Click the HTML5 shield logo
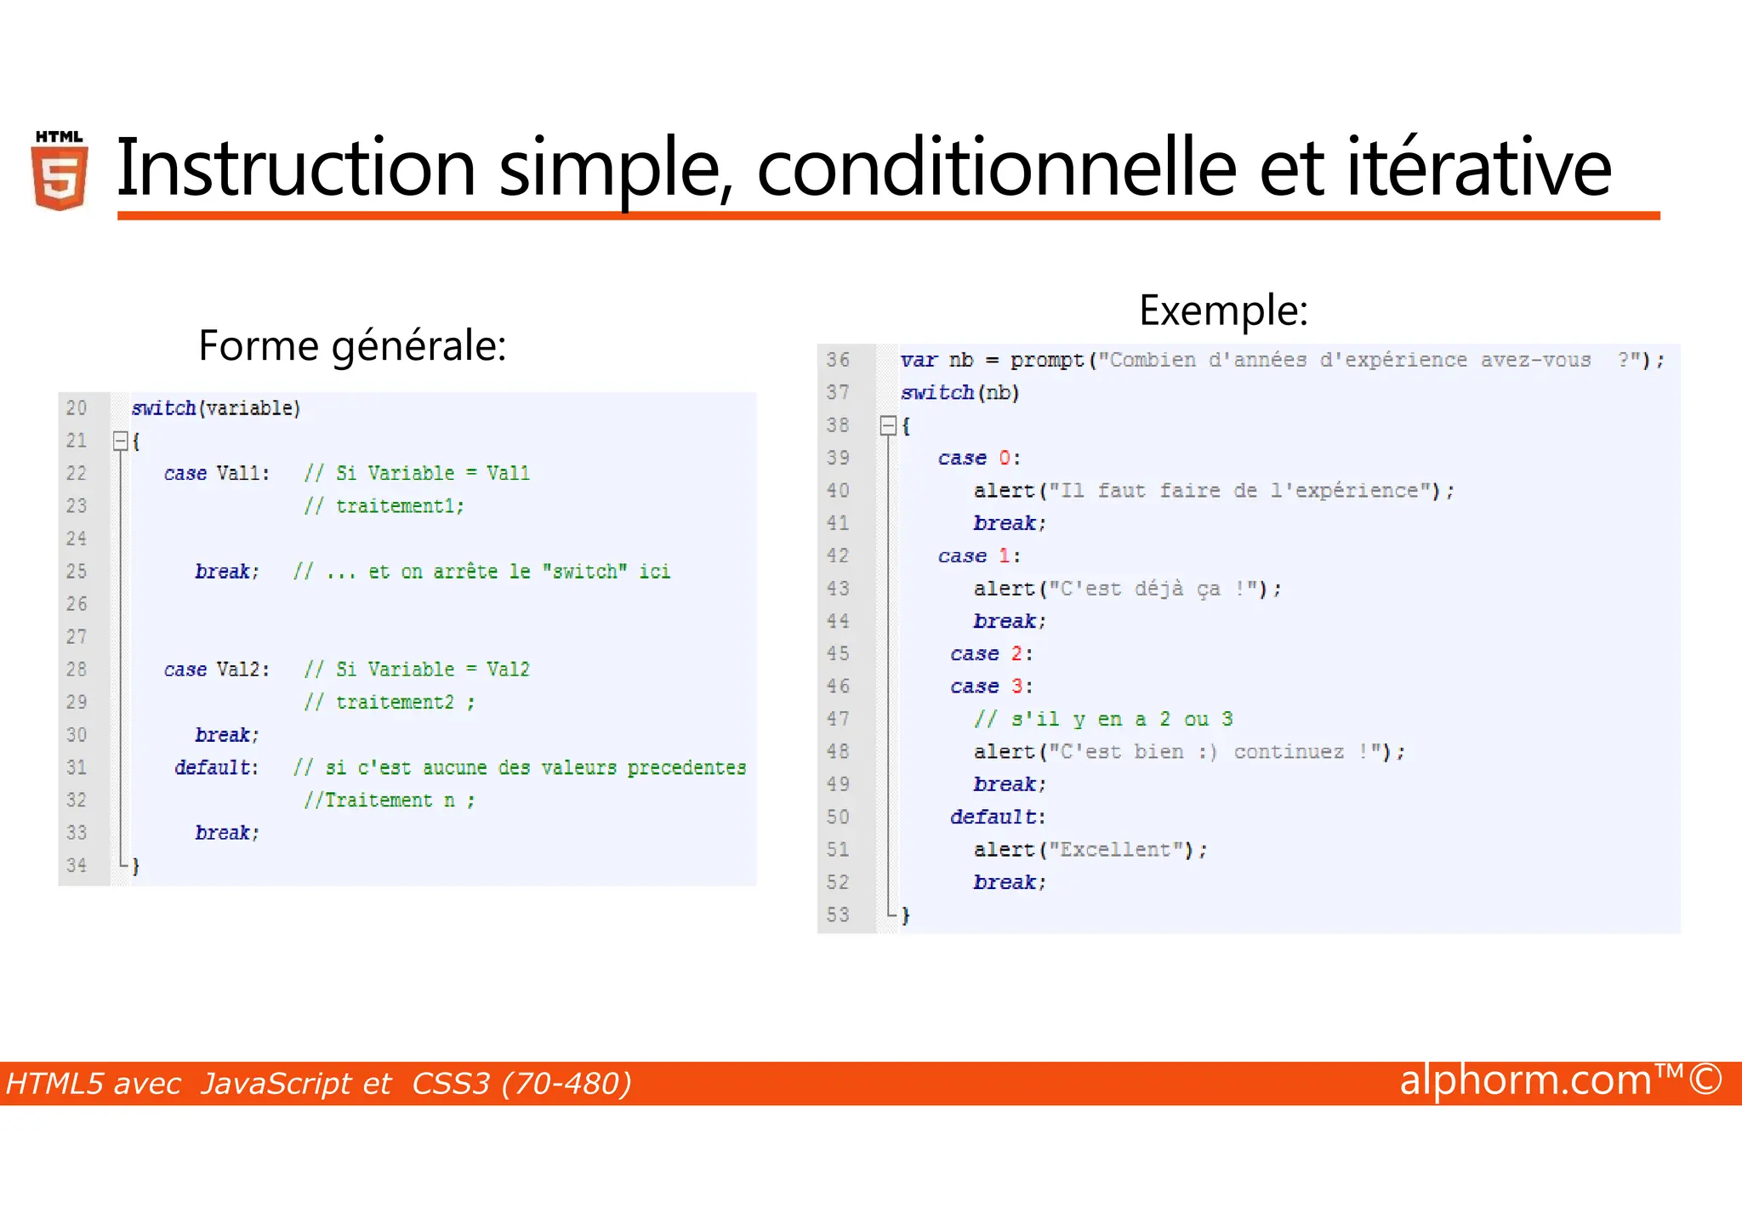[60, 171]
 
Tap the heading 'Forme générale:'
[352, 345]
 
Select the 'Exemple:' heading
[1222, 310]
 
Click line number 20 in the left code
[77, 408]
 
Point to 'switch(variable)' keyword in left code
[216, 408]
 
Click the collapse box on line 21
[120, 441]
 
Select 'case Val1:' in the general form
[217, 473]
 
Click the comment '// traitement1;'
[384, 506]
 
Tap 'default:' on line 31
[216, 767]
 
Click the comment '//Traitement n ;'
[390, 801]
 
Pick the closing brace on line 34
[136, 866]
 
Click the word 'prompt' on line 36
[1046, 360]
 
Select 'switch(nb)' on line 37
[959, 393]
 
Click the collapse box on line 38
[888, 425]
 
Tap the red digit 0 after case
[1005, 459]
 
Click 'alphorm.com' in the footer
[1524, 1080]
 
